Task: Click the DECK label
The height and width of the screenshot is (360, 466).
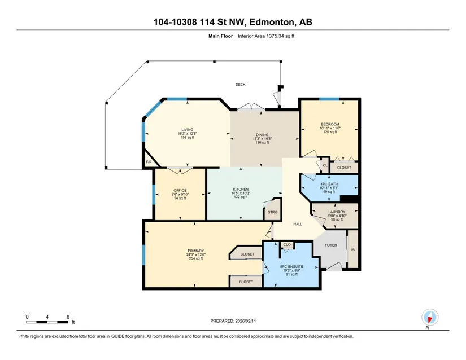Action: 241,85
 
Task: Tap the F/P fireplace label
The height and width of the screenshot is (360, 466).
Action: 149,162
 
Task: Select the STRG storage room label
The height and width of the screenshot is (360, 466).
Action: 272,212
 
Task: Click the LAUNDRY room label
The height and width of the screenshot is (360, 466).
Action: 337,212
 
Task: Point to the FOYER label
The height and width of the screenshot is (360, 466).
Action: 331,245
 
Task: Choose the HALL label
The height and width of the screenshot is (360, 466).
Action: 298,224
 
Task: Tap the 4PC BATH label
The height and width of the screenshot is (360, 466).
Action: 329,184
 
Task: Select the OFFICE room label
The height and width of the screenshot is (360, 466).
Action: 180,191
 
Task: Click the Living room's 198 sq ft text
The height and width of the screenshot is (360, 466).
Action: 187,138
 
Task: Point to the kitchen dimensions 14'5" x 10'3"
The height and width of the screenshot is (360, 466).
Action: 241,193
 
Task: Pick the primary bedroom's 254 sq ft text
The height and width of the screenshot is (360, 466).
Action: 196,258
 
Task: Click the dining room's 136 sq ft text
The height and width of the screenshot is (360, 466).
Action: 262,142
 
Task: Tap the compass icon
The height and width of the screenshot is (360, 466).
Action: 430,318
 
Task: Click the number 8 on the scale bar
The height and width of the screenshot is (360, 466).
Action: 68,317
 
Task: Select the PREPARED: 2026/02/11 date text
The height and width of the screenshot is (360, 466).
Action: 233,321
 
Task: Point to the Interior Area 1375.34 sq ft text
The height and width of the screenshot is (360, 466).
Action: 266,36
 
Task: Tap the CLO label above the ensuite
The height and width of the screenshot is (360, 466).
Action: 287,245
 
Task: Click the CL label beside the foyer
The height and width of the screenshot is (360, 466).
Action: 353,249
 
